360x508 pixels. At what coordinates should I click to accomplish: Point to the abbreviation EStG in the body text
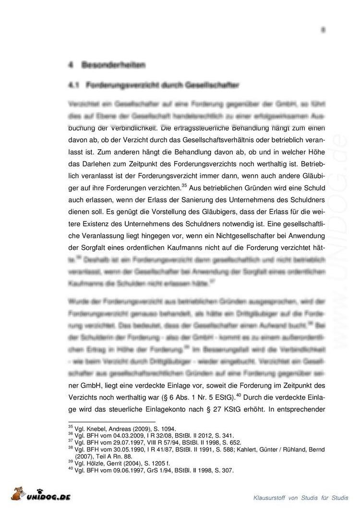point(222,397)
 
